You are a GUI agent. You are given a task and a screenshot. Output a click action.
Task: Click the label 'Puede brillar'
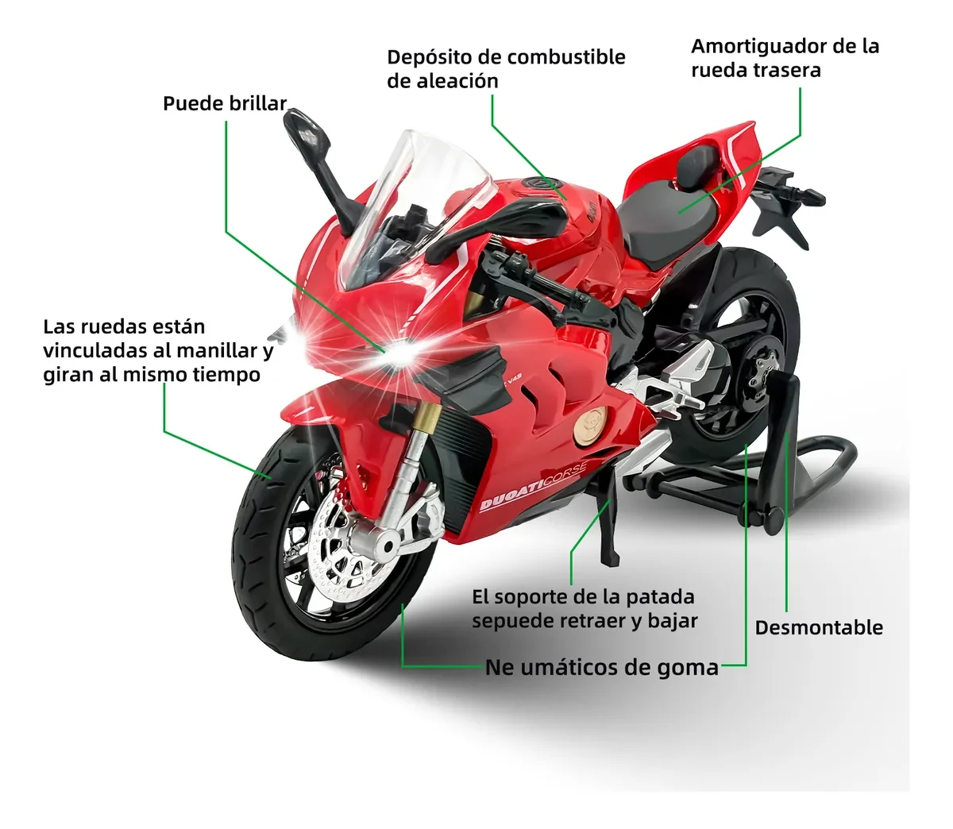[225, 104]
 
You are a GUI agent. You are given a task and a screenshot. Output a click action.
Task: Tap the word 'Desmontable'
[819, 627]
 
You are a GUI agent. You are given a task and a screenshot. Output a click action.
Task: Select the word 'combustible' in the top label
[565, 57]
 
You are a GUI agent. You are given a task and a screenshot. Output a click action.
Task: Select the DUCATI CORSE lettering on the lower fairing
[532, 485]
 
